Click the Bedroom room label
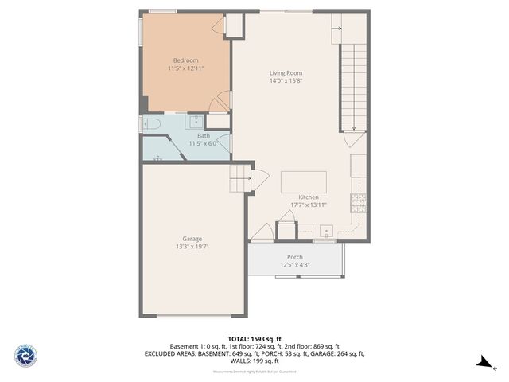tap(185, 60)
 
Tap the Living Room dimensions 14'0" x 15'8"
tap(286, 81)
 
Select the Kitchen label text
tap(309, 197)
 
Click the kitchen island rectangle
tap(303, 181)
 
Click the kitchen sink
tap(326, 232)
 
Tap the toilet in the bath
tap(151, 123)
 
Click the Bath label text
tap(204, 136)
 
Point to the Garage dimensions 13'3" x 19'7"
tap(192, 247)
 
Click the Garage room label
tap(192, 239)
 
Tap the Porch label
tap(295, 257)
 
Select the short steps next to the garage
tap(240, 179)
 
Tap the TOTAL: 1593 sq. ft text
tap(254, 338)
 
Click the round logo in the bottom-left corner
tap(25, 355)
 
